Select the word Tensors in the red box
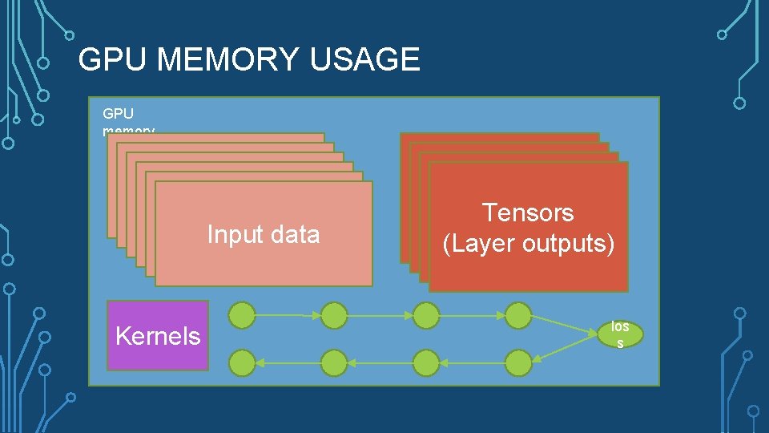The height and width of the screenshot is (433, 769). coord(528,212)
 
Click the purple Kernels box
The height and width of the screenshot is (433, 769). coord(158,335)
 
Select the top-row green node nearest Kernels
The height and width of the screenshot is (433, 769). coord(243,315)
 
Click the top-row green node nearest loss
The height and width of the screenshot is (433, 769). coord(518,315)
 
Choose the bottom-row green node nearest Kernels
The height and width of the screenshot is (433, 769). coord(243,363)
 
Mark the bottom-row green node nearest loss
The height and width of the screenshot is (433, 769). coord(518,363)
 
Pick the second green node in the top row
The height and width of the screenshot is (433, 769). coord(334,315)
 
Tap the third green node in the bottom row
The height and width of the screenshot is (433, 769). coord(426,363)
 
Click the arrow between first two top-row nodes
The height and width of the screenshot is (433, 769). coord(288,315)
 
